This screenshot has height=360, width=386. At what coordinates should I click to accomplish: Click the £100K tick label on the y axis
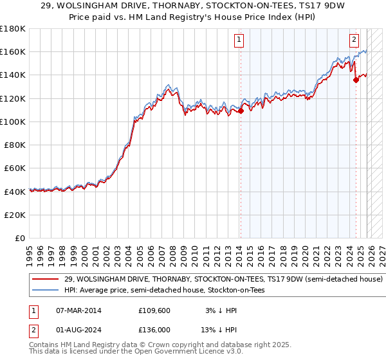pyautogui.click(x=13, y=122)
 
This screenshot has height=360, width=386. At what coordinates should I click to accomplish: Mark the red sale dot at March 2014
pyautogui.click(x=241, y=111)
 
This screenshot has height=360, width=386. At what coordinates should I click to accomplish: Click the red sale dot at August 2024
pyautogui.click(x=356, y=80)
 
